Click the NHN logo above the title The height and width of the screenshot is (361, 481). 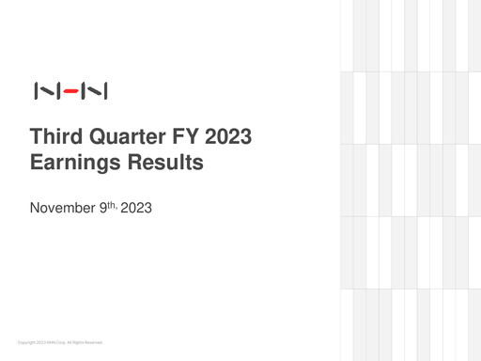pos(70,91)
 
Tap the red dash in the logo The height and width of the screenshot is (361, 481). pos(70,91)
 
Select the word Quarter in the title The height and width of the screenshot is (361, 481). pos(128,137)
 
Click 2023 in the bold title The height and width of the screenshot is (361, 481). pos(228,137)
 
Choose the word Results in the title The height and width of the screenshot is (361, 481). pos(167,163)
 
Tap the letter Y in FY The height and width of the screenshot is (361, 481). pos(192,137)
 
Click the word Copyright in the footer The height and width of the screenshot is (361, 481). pos(24,342)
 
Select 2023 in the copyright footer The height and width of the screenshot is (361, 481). pos(39,342)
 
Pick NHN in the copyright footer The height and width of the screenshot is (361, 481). pos(51,342)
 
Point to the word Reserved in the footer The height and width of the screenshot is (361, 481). pos(93,342)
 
